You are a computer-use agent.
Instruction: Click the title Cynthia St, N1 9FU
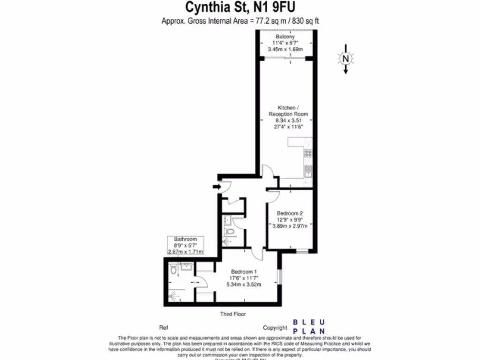click(x=240, y=7)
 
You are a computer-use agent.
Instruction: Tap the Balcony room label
click(x=285, y=37)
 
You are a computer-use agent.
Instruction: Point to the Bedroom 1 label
click(x=244, y=271)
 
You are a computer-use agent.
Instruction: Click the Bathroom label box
click(x=186, y=245)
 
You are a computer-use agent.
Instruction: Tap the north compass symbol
click(x=345, y=59)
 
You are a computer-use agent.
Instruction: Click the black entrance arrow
click(x=217, y=187)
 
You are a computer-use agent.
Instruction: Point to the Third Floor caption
click(x=233, y=314)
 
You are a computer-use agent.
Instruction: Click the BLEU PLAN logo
click(x=309, y=327)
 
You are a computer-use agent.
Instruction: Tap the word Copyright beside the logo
click(x=275, y=328)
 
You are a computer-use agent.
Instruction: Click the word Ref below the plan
click(x=164, y=328)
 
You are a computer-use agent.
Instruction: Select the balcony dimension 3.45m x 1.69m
click(x=285, y=49)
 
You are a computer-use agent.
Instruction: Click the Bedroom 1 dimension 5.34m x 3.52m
click(x=244, y=284)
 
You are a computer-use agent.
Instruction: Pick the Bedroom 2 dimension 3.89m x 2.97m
click(x=290, y=225)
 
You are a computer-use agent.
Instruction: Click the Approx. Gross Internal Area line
click(x=240, y=21)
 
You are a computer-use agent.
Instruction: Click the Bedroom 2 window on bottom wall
click(x=302, y=252)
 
